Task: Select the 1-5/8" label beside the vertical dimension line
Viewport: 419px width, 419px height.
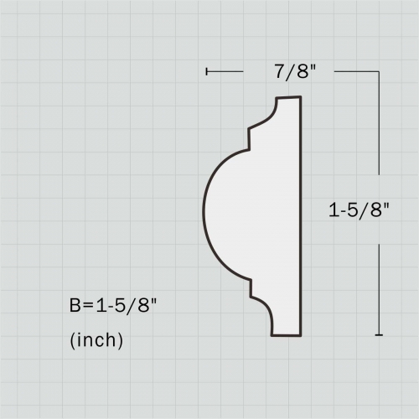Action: (360, 210)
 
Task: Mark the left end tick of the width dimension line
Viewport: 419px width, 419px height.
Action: (206, 72)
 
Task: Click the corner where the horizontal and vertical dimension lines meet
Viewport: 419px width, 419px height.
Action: (379, 72)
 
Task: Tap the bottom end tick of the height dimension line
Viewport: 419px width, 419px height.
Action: (379, 335)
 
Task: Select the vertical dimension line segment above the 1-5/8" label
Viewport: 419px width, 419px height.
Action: (379, 134)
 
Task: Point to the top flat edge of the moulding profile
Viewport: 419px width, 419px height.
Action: (288, 98)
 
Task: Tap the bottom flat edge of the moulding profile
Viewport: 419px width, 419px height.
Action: (285, 335)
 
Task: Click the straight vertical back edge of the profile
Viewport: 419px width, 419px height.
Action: (300, 216)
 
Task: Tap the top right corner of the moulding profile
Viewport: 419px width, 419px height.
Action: (299, 97)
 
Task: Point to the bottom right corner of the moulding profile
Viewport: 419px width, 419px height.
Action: (300, 335)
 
